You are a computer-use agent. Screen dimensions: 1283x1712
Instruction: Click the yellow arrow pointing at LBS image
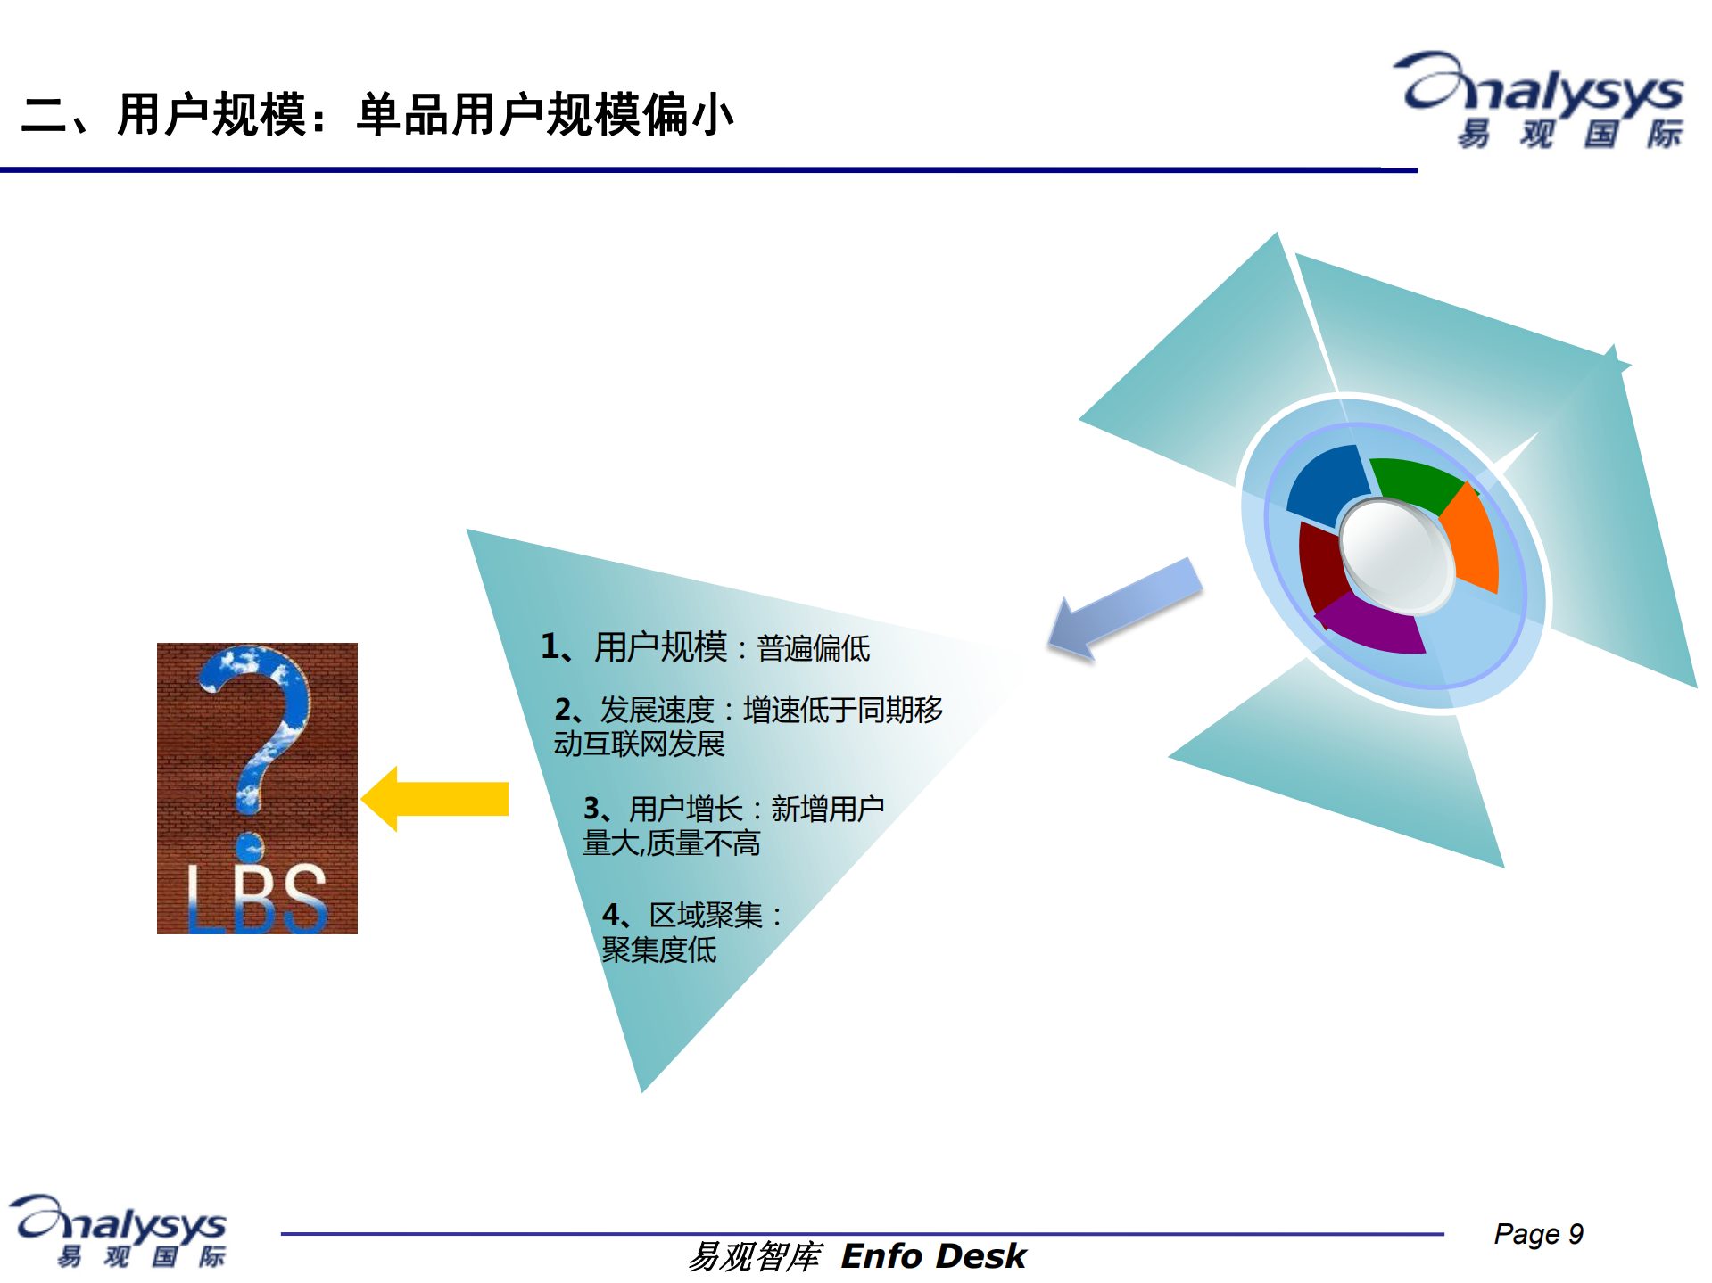click(x=435, y=799)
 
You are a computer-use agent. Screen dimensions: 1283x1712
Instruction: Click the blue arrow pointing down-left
click(x=1124, y=613)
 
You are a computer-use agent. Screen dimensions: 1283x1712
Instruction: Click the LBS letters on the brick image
click(x=257, y=899)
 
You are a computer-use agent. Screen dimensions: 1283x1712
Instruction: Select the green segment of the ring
click(x=1418, y=482)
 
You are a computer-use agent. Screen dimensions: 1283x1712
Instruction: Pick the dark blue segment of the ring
click(x=1326, y=487)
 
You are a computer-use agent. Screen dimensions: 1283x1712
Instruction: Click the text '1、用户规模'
click(x=633, y=646)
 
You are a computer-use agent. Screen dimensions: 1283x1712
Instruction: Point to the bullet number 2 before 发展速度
click(x=564, y=710)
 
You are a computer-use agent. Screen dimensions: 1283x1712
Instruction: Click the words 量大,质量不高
click(x=671, y=843)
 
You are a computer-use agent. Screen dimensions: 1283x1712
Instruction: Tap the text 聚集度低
click(x=658, y=950)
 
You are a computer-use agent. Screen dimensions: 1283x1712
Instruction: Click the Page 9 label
click(x=1538, y=1234)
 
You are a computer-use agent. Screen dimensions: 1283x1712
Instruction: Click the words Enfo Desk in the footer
click(x=933, y=1256)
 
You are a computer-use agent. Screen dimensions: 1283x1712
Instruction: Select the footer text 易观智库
click(x=755, y=1256)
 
